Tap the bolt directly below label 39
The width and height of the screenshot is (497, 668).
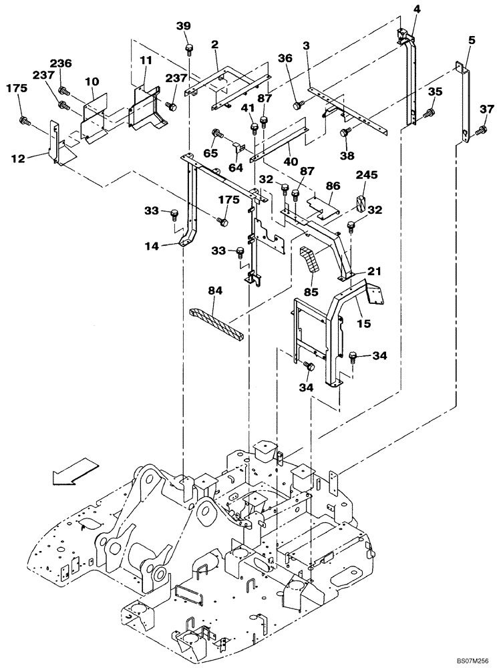(190, 47)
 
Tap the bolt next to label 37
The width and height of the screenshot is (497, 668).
(480, 134)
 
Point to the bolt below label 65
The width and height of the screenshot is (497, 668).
(218, 132)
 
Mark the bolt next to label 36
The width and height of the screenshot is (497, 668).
(297, 104)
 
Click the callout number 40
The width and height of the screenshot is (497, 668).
(289, 161)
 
